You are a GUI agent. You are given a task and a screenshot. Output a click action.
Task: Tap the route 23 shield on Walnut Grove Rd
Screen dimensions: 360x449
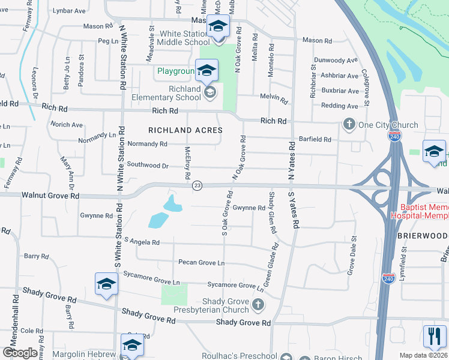point(197,186)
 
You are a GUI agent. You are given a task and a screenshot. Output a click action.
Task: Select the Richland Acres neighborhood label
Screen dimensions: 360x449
point(185,130)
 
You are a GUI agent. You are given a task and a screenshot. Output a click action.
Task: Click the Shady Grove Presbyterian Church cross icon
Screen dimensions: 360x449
point(258,305)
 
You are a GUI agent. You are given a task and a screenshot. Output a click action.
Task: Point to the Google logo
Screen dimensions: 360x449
point(20,353)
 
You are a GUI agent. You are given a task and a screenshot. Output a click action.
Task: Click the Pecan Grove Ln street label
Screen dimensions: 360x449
point(201,263)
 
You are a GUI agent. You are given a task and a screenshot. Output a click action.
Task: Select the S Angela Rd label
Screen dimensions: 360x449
point(139,242)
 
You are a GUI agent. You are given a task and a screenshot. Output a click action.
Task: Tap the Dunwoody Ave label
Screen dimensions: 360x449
point(336,61)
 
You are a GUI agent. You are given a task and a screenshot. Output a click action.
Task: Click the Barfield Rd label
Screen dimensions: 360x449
point(316,139)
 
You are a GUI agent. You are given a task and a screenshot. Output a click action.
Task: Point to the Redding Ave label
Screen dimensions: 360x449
point(340,106)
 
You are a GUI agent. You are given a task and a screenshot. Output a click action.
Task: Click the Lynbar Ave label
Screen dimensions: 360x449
point(69,11)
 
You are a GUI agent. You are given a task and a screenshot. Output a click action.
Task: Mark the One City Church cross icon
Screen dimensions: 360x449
point(349,124)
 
